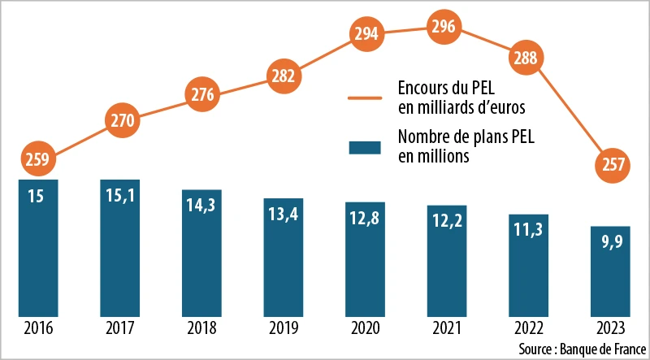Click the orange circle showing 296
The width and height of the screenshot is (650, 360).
point(444,27)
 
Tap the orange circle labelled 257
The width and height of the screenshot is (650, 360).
point(609,164)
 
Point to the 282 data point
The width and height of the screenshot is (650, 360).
point(283,77)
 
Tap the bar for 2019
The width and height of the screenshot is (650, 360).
point(283,257)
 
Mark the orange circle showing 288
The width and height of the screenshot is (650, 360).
point(527,59)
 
